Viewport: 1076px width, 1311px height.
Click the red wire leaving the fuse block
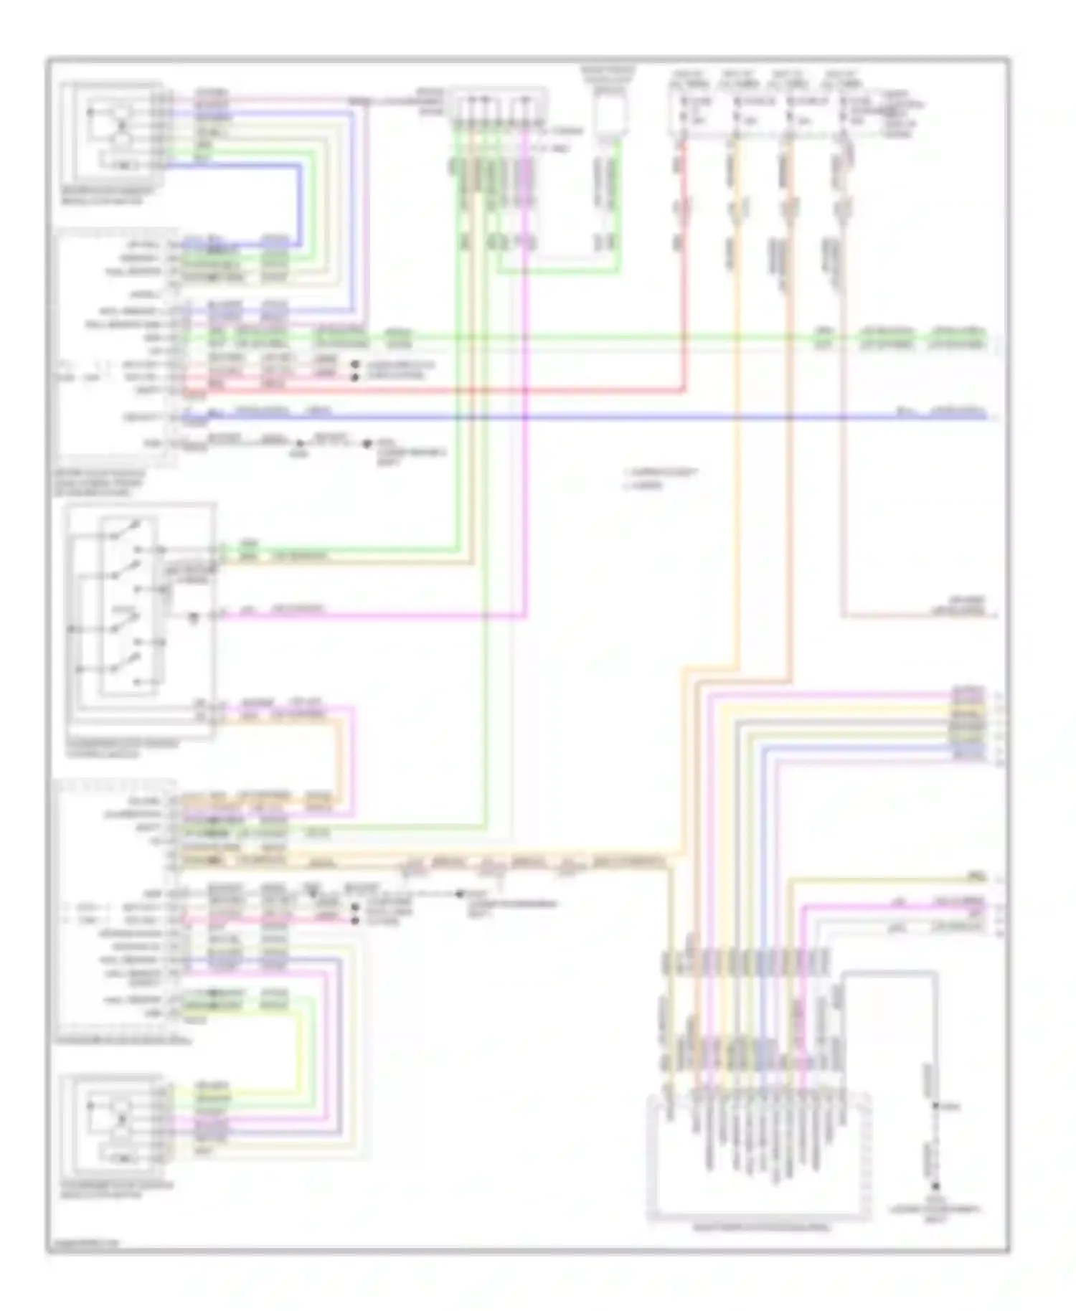684,287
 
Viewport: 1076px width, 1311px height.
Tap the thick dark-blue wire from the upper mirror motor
298,201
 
